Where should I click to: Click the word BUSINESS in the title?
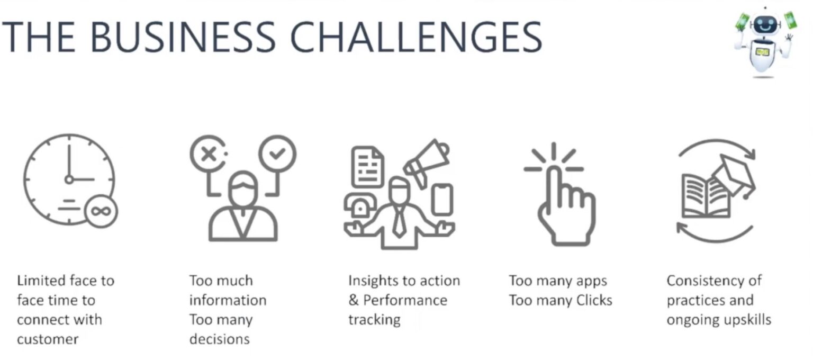coord(183,37)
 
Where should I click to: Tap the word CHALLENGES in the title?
coord(416,37)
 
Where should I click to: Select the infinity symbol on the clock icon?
coord(101,211)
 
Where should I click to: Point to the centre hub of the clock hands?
coord(69,179)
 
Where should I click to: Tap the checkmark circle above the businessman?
coord(277,153)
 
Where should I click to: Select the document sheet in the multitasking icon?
coord(368,167)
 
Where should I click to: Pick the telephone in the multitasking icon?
coord(359,206)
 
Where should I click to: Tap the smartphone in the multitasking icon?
coord(442,200)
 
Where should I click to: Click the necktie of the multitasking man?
coord(399,221)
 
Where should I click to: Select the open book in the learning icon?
coord(706,196)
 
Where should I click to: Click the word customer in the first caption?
coord(48,340)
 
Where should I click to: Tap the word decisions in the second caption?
coord(220,339)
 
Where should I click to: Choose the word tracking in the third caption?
coord(375,320)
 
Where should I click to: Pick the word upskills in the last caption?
coord(748,320)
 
